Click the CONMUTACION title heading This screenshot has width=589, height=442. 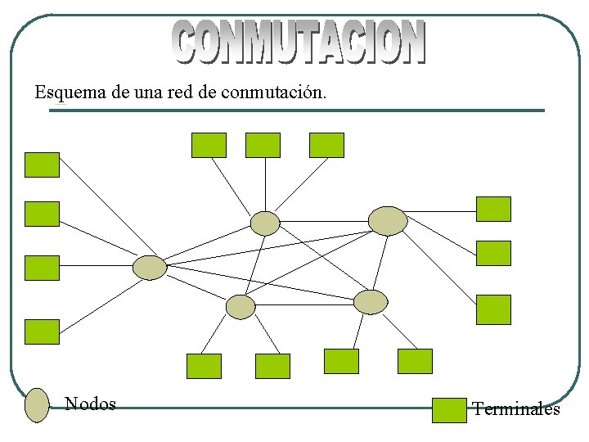299,43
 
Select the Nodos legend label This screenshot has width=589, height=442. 90,404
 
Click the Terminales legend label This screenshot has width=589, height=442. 516,409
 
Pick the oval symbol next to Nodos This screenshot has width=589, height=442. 38,405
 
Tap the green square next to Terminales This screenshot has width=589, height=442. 448,410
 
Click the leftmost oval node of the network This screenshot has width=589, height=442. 150,267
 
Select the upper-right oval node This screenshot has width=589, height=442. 388,221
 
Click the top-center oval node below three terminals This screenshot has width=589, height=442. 265,223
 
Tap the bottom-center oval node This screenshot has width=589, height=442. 241,307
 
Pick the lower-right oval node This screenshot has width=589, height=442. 371,301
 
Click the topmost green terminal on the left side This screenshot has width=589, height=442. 42,165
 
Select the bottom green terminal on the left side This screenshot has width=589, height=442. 42,331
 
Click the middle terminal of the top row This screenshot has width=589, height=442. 263,145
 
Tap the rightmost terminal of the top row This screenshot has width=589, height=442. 326,145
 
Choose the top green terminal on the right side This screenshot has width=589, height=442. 493,209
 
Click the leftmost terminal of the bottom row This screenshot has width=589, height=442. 204,366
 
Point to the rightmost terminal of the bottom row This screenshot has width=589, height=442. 415,361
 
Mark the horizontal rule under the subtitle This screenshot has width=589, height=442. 296,110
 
